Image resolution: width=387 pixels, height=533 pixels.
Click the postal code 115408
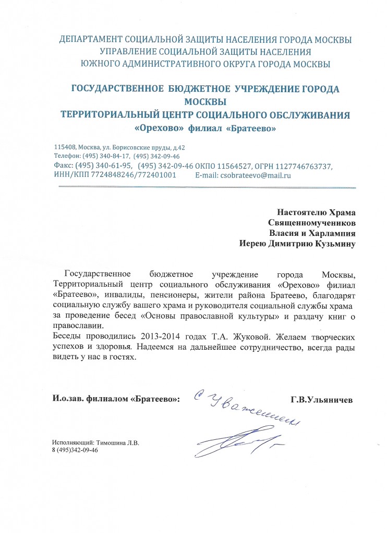64,147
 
